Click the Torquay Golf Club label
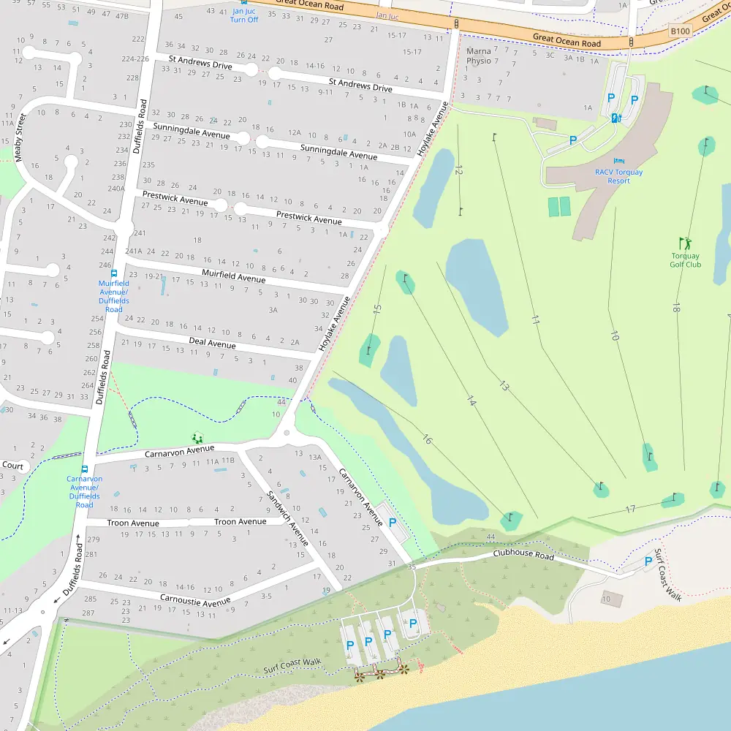(x=685, y=260)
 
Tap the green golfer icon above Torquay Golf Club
(x=685, y=243)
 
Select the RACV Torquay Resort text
(x=618, y=176)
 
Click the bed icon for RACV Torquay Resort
(x=619, y=161)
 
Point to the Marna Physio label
(x=479, y=56)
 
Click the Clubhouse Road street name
(x=523, y=555)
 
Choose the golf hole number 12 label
(x=458, y=170)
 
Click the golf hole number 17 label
(x=630, y=509)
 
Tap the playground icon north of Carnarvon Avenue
(x=197, y=438)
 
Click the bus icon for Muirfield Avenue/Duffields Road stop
(x=114, y=273)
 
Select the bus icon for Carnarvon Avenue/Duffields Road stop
(x=85, y=469)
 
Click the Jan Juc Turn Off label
(x=244, y=15)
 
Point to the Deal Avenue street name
(x=212, y=343)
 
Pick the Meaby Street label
(x=20, y=137)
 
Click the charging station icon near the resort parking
(x=616, y=118)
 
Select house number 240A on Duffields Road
(x=116, y=188)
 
